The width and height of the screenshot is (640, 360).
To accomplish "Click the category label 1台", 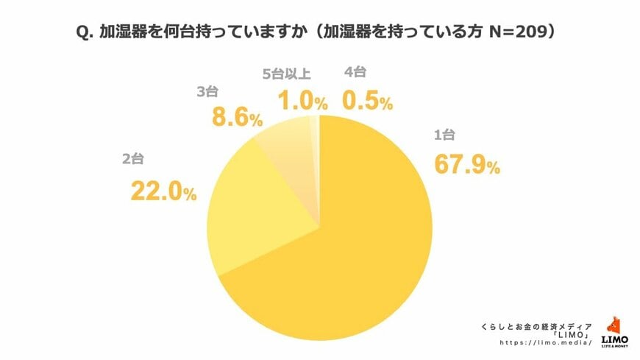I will coord(447,135).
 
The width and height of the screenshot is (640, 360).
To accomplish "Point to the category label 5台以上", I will coord(287,74).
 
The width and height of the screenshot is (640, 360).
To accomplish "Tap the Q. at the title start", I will coord(87,33).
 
